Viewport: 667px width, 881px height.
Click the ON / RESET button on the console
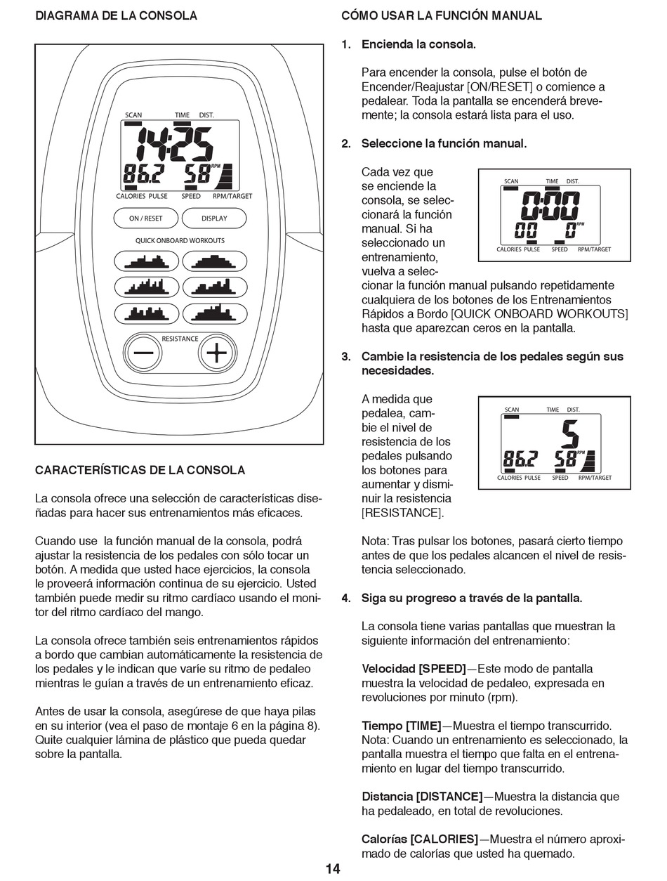(145, 218)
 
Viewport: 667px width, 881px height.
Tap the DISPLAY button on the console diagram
(214, 218)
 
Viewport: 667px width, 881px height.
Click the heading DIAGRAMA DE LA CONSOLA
(116, 15)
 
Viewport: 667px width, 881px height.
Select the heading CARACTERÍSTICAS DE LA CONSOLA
(140, 470)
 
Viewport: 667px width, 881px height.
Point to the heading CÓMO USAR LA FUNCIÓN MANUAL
(442, 15)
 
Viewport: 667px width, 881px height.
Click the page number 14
(333, 869)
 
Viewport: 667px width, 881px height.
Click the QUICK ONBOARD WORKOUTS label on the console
(180, 240)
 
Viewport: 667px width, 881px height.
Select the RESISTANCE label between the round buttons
(180, 339)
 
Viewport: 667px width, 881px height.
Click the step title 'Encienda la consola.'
(418, 44)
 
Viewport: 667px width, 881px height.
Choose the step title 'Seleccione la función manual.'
(444, 143)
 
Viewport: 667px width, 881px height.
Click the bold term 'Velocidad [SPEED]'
(414, 669)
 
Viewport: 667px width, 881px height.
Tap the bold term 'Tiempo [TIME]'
(402, 726)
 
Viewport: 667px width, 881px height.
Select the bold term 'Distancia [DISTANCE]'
(422, 797)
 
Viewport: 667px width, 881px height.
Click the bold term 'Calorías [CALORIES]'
(420, 840)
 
